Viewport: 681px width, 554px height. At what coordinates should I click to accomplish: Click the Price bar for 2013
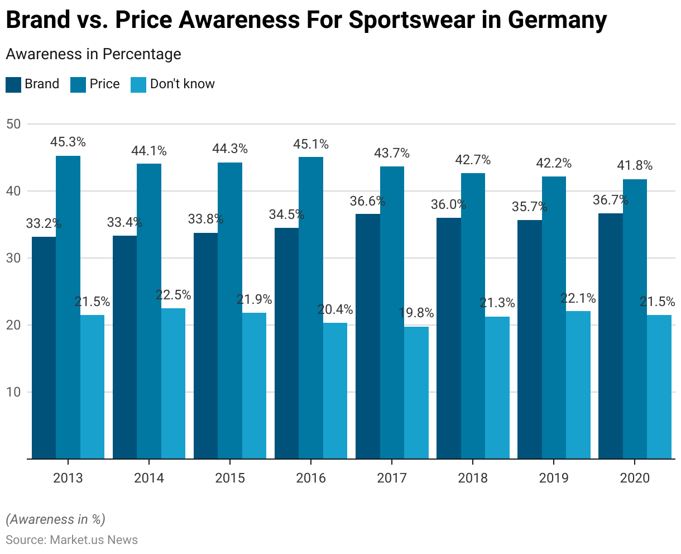pyautogui.click(x=68, y=307)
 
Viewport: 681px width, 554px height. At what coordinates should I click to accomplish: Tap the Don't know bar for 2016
pyautogui.click(x=335, y=391)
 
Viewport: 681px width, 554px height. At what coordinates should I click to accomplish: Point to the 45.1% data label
pyautogui.click(x=311, y=145)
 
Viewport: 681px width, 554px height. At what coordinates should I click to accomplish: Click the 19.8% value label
pyautogui.click(x=416, y=313)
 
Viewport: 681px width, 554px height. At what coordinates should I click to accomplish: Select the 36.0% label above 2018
pyautogui.click(x=448, y=204)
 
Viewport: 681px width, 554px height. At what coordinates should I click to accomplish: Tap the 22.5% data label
pyautogui.click(x=173, y=295)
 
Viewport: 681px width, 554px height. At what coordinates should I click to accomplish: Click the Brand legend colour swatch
pyautogui.click(x=13, y=84)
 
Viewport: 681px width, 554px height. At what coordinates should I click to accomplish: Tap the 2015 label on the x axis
pyautogui.click(x=230, y=478)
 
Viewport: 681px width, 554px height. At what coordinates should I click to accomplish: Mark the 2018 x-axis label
pyautogui.click(x=473, y=478)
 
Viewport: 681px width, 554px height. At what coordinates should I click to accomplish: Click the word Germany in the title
pyautogui.click(x=557, y=20)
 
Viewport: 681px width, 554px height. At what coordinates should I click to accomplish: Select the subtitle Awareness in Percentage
pyautogui.click(x=93, y=54)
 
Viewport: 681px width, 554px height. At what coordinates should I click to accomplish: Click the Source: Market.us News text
pyautogui.click(x=71, y=539)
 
